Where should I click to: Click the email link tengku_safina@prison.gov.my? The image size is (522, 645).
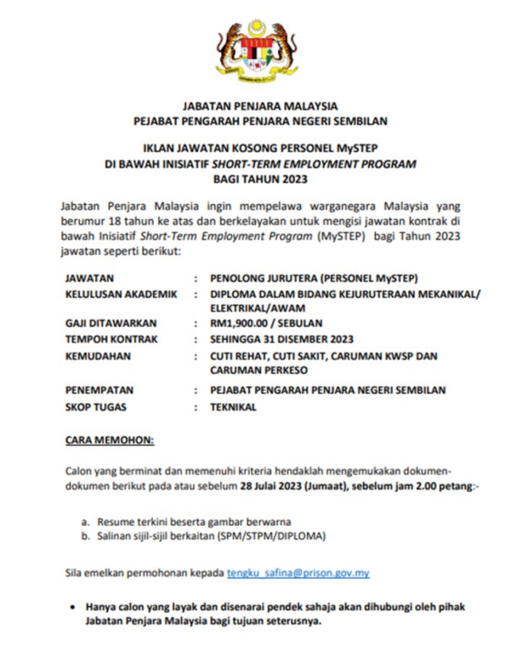coord(298,573)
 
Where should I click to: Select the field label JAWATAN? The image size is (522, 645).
coord(90,278)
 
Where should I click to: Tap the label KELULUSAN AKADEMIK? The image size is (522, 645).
coord(121,294)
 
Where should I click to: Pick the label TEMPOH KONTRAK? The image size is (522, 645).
coord(110,339)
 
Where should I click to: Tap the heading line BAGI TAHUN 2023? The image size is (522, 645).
coord(260,179)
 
